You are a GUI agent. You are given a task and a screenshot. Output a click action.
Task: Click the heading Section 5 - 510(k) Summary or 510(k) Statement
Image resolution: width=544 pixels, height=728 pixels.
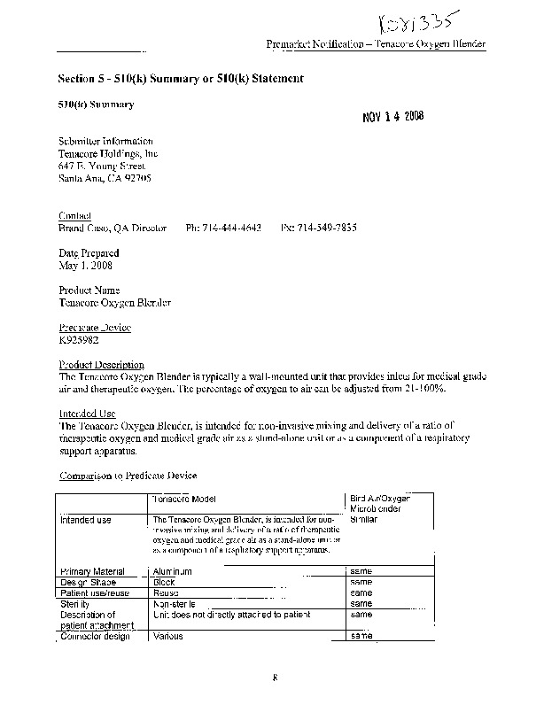coord(181,78)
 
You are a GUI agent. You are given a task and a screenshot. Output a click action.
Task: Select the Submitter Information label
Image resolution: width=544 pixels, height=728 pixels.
coord(105,141)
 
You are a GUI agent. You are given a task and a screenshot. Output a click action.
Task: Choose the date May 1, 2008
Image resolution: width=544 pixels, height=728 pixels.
coord(85,265)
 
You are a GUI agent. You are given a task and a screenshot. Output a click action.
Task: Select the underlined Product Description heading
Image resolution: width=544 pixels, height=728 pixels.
coord(101,365)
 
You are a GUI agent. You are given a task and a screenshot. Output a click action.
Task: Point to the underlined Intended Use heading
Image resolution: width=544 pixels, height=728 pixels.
coord(88,414)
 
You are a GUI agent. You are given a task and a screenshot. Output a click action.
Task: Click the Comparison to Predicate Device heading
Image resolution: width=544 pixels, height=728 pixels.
coord(128,476)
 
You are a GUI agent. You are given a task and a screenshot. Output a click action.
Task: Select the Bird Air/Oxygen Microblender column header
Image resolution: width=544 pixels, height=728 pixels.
coord(380,505)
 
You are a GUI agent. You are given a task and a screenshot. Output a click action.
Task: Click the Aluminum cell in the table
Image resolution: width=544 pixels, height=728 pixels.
coord(173,572)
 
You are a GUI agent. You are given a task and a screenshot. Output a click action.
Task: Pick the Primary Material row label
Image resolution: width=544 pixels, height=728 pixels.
coord(92,572)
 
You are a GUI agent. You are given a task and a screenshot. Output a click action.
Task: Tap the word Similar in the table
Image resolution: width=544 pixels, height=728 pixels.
coord(364,520)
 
